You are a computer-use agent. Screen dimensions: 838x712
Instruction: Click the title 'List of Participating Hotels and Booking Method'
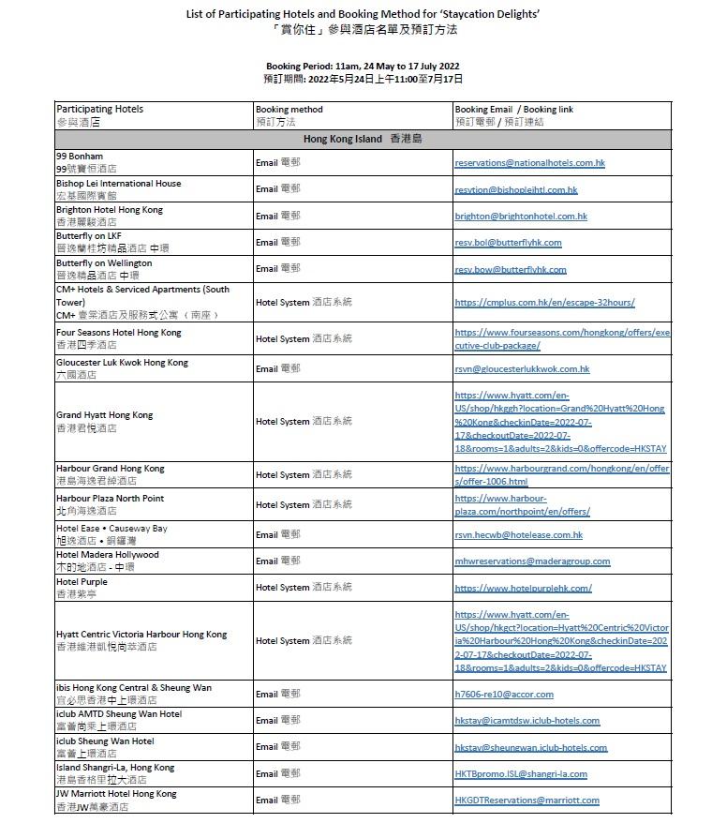point(363,14)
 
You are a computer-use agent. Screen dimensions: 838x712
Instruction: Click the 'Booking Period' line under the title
point(363,66)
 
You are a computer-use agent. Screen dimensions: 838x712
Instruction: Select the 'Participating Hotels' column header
point(99,109)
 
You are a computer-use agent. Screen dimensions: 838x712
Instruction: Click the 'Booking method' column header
point(289,109)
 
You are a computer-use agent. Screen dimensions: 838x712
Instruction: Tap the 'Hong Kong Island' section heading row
point(363,139)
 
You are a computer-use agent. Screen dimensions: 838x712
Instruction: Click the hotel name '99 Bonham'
point(80,156)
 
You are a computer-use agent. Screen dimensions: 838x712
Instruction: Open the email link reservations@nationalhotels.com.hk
point(529,163)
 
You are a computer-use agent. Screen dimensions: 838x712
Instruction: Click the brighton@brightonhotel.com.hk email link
point(521,217)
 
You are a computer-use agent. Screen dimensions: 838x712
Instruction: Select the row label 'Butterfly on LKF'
point(89,236)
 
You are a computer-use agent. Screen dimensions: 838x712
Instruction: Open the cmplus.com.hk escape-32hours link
point(544,303)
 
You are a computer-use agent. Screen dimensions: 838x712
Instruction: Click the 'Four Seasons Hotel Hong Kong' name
point(119,333)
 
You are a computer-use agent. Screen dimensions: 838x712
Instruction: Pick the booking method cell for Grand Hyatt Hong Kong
point(303,422)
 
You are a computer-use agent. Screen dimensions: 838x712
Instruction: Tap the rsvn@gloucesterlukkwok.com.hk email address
point(522,369)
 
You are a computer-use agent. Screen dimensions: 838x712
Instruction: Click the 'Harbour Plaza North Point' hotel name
point(110,499)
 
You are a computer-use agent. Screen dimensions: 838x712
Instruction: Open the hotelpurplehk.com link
point(523,589)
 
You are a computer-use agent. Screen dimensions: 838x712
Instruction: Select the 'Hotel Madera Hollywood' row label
point(107,555)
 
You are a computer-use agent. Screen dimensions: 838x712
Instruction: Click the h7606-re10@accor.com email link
point(504,695)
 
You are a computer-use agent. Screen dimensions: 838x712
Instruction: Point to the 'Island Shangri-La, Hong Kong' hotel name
point(114,768)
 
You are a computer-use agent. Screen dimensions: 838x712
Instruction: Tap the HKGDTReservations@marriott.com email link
point(527,801)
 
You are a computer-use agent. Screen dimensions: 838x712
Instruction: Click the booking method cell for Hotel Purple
point(303,587)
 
